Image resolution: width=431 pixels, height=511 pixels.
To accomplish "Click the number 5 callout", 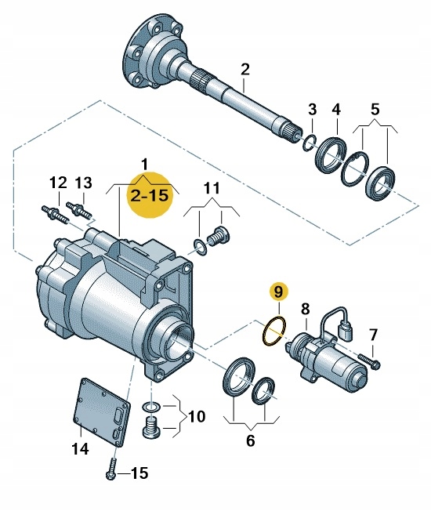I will (x=374, y=107).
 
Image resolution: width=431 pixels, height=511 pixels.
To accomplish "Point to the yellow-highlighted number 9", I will (x=276, y=292).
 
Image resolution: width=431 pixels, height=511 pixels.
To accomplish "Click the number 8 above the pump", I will (x=305, y=308).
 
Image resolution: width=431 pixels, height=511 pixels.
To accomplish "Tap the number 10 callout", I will (x=196, y=416).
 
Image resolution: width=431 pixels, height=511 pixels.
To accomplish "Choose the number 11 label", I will (x=212, y=187).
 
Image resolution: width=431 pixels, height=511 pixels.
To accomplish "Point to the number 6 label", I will (x=250, y=441).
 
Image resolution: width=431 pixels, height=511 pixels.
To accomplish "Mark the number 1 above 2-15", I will (x=144, y=163).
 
